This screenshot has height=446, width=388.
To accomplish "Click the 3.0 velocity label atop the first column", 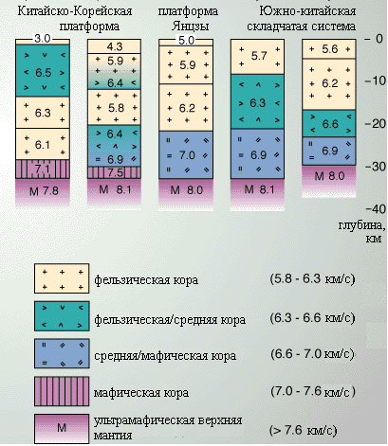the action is tap(43, 39).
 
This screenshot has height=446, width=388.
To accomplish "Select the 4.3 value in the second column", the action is tap(115, 46).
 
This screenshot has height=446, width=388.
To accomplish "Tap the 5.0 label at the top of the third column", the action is tap(186, 40).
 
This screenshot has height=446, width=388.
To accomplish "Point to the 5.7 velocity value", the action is tap(259, 56).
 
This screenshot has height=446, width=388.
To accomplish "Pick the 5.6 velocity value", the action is tap(330, 49).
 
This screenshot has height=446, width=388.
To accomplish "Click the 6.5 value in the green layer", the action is tap(43, 72).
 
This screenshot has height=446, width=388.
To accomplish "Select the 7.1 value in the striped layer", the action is tap(42, 169).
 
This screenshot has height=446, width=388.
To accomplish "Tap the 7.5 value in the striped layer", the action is tap(115, 172).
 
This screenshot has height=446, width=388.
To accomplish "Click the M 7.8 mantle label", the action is tap(44, 191).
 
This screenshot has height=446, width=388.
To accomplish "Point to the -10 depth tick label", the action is tap(375, 80).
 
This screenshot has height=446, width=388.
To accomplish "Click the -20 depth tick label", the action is tap(375, 124).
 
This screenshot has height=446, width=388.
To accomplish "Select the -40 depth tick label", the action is tap(376, 209).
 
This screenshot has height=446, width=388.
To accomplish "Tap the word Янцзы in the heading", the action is tap(190, 26).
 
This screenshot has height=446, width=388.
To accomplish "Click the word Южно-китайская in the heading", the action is tap(307, 11).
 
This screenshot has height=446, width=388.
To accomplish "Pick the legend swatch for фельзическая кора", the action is tap(62, 278).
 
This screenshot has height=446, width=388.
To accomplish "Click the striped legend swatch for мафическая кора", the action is tap(62, 391).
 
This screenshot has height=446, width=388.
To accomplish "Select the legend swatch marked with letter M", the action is tap(62, 429).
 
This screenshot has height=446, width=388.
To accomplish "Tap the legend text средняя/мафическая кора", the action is tap(165, 356).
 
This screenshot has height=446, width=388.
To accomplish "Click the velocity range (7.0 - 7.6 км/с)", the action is tap(313, 391).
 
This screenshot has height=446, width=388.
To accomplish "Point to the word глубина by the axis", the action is tap(362, 226).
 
